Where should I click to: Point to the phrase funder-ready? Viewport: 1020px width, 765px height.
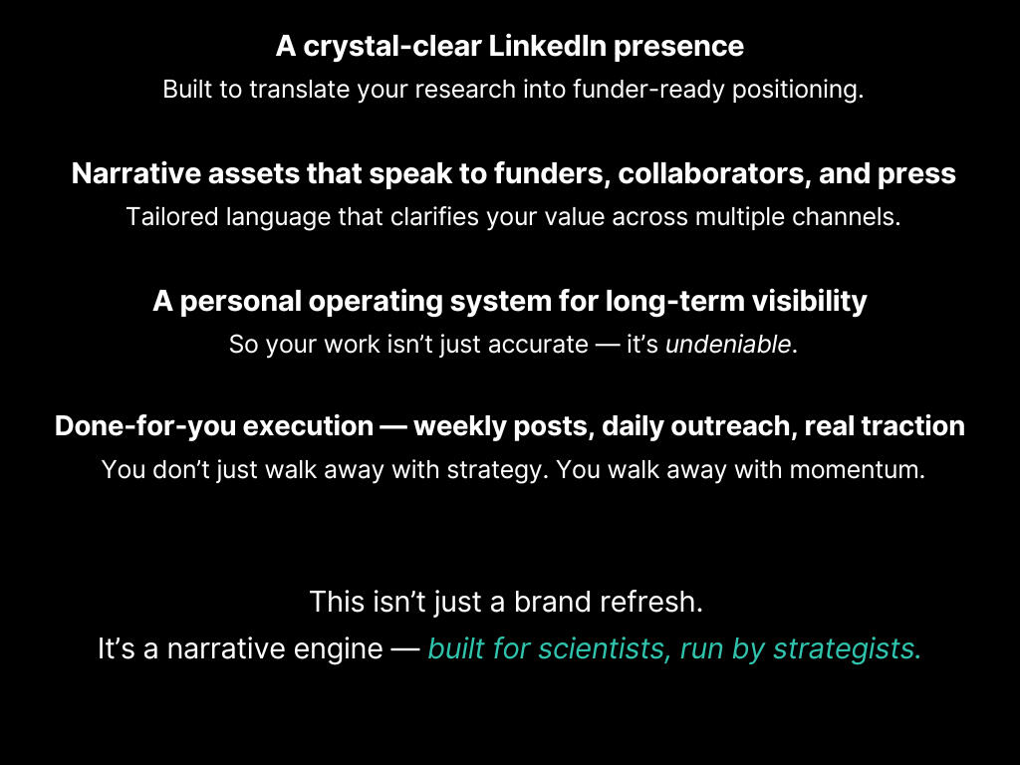pos(648,90)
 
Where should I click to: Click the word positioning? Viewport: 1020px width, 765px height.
pos(798,90)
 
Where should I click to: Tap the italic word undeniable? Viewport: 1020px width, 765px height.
pos(728,344)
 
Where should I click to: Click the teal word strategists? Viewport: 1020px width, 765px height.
pos(847,649)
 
